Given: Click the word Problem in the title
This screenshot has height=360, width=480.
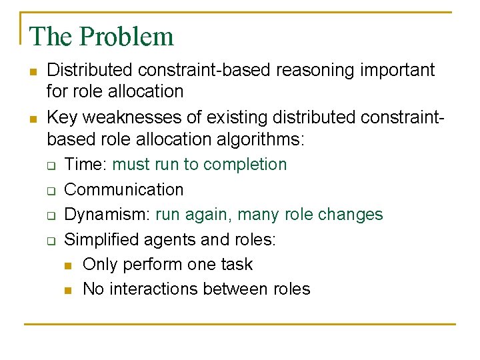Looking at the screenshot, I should pyautogui.click(x=127, y=36).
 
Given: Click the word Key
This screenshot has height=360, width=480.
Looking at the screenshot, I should pyautogui.click(x=62, y=118).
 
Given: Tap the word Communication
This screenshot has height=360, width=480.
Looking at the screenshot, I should pyautogui.click(x=124, y=189).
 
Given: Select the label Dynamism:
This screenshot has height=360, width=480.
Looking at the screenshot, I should pyautogui.click(x=107, y=215).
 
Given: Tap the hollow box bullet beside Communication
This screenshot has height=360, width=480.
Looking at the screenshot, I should pyautogui.click(x=51, y=191).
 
